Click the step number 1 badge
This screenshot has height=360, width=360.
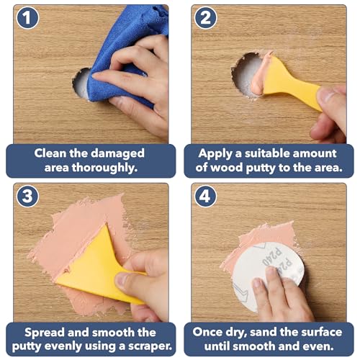click(x=27, y=18)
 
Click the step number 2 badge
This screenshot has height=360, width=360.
click(x=205, y=18)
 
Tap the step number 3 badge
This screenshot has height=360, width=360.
click(x=27, y=197)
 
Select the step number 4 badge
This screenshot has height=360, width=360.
click(x=205, y=197)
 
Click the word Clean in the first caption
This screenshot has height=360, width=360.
click(x=50, y=153)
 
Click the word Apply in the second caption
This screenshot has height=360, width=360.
click(x=215, y=154)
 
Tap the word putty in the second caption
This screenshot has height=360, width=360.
click(x=261, y=168)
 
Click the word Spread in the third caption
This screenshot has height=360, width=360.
click(x=45, y=333)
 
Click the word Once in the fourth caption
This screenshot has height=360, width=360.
click(x=207, y=332)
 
